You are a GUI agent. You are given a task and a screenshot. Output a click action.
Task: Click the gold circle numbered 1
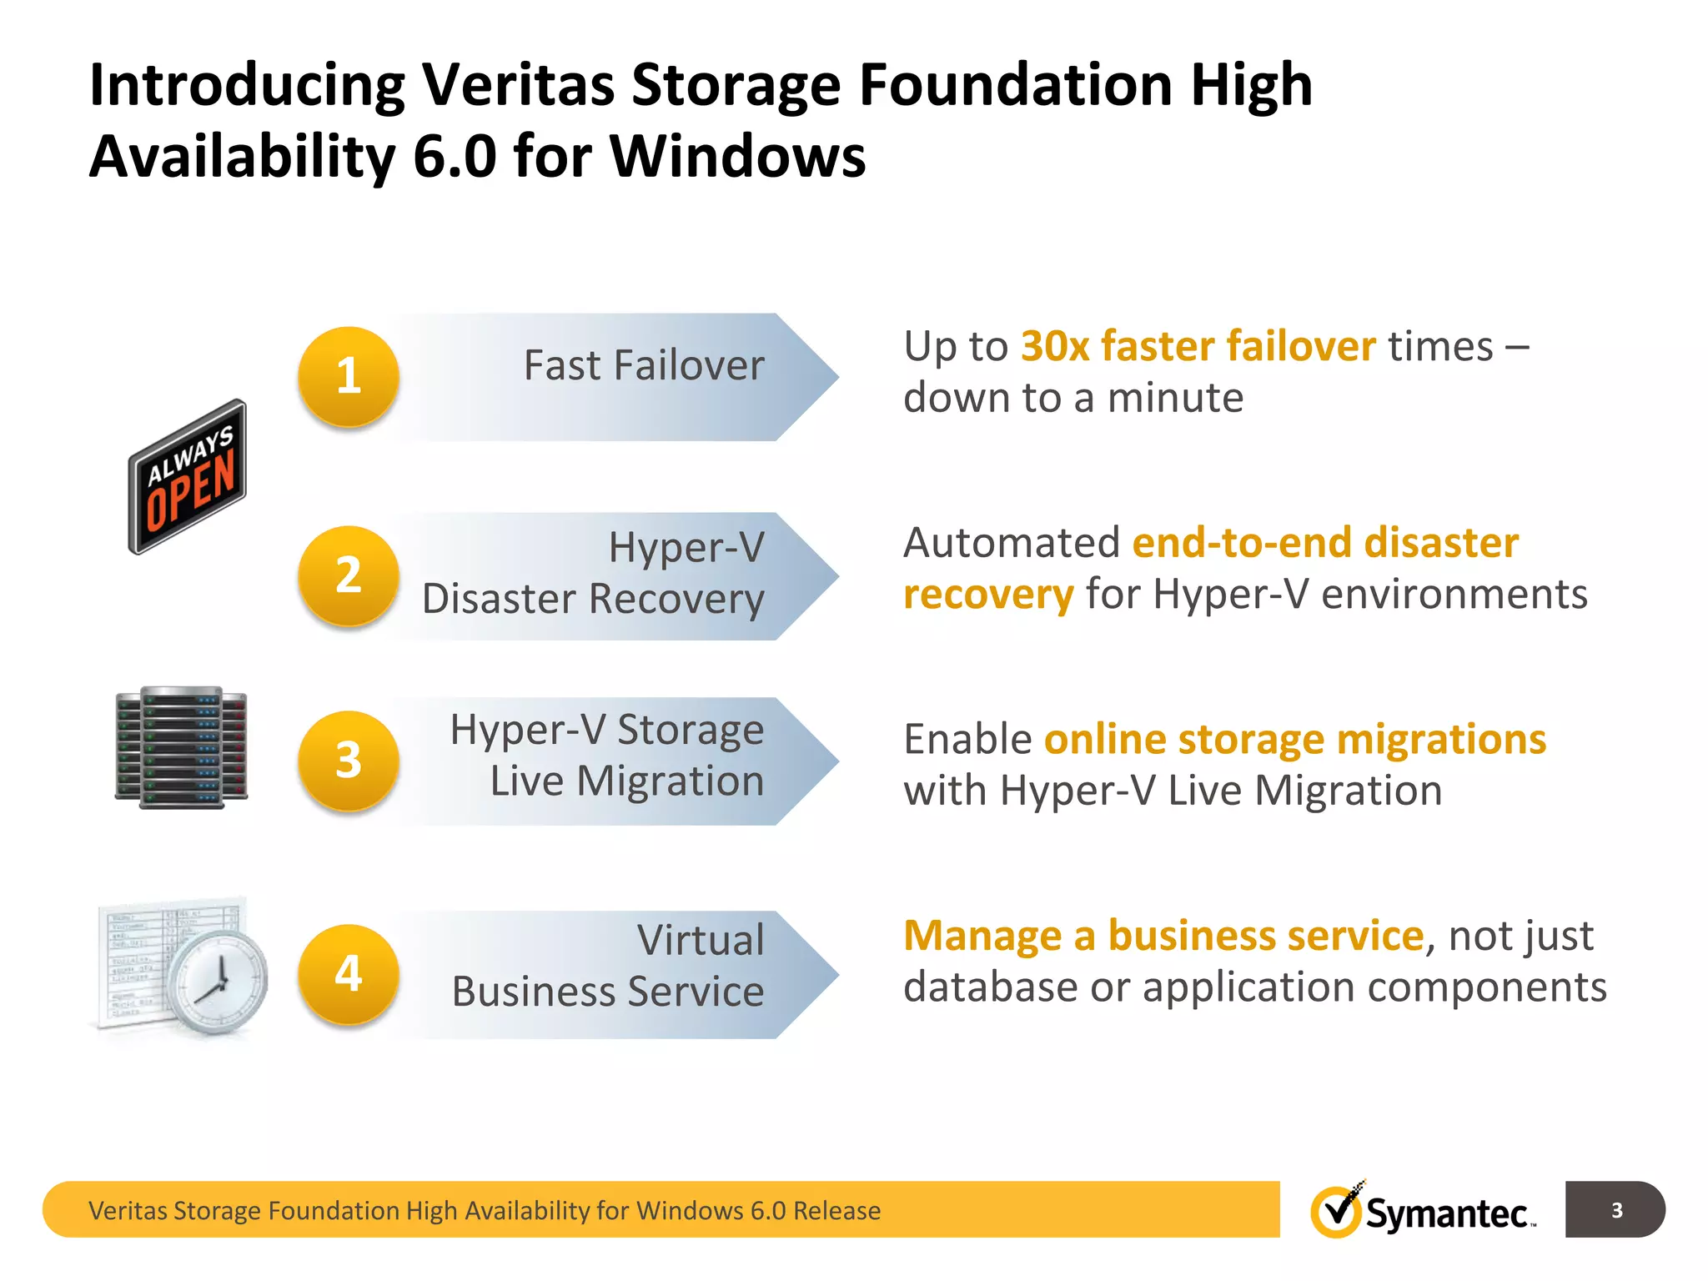[x=349, y=376]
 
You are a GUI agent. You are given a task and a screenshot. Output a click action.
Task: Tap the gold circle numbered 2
[x=349, y=575]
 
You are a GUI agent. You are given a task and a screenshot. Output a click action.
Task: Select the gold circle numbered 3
[x=349, y=761]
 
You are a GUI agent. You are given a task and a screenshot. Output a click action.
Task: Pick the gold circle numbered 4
[x=349, y=974]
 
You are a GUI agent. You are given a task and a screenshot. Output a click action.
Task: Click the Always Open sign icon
[x=188, y=477]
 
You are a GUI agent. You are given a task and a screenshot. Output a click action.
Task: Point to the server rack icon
[x=182, y=748]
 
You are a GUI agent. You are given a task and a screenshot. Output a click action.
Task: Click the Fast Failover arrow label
[x=643, y=365]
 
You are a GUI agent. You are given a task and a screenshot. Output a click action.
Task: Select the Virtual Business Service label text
[x=608, y=966]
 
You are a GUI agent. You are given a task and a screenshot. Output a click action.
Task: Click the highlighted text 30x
[x=1055, y=346]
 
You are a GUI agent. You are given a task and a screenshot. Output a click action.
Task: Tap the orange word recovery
[x=988, y=595]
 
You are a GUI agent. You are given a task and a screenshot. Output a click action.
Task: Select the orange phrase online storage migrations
[x=1294, y=740]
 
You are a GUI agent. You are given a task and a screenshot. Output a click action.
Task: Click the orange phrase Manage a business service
[x=1163, y=936]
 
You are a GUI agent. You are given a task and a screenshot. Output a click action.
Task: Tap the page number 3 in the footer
[x=1616, y=1210]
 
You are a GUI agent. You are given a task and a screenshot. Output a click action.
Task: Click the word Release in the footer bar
[x=836, y=1210]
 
